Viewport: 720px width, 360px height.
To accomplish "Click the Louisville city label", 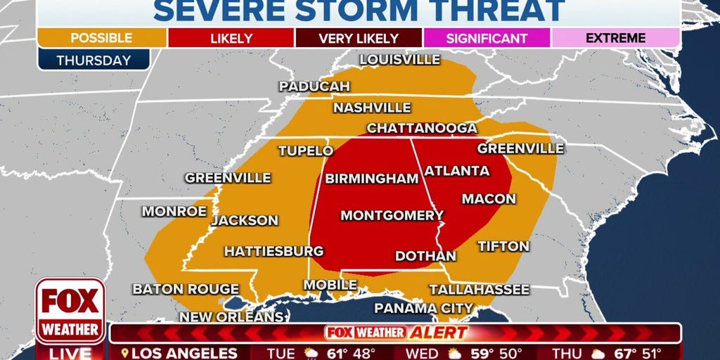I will point(399,60).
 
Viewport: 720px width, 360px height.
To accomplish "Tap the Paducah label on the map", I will point(314,86).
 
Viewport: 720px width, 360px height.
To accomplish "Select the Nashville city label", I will point(372,108).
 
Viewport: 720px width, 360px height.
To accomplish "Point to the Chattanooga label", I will point(422,128).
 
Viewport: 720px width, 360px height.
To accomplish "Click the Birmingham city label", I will point(371,179).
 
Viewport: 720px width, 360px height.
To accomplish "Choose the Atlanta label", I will point(457,171).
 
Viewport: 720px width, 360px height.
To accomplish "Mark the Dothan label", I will point(425,256).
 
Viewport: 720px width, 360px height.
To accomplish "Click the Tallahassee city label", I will point(480,289).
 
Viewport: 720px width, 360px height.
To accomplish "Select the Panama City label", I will point(423,308).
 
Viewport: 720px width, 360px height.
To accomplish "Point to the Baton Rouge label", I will point(186,289).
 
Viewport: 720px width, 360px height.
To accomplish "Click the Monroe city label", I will point(174,211).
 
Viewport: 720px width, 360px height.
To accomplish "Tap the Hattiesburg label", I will point(274,251).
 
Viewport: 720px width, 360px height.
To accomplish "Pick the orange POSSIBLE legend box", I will point(102,39).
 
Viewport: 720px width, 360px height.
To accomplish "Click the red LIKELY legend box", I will point(231,39).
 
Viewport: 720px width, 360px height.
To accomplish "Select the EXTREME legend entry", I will point(615,39).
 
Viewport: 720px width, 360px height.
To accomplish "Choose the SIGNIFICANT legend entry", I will point(487,39).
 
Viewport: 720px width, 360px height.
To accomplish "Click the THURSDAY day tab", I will point(94,60).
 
